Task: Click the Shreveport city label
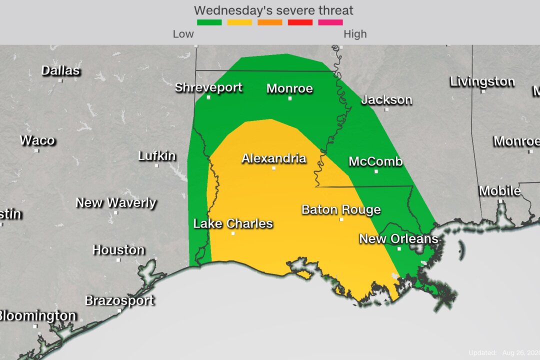[208, 88]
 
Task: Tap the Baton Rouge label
[341, 210]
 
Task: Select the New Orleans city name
[398, 239]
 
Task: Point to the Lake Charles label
[233, 223]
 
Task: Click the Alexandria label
[273, 159]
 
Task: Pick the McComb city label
[375, 162]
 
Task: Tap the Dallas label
[60, 71]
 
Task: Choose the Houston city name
[118, 250]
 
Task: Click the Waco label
[37, 140]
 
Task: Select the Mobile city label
[499, 191]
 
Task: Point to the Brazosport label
[119, 301]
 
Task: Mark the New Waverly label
[115, 203]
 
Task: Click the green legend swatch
[209, 22]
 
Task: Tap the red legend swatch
[300, 22]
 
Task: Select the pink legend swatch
[330, 22]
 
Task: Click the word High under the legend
[355, 34]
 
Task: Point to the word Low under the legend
[183, 34]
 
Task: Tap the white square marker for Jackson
[386, 109]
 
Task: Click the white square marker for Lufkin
[156, 165]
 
